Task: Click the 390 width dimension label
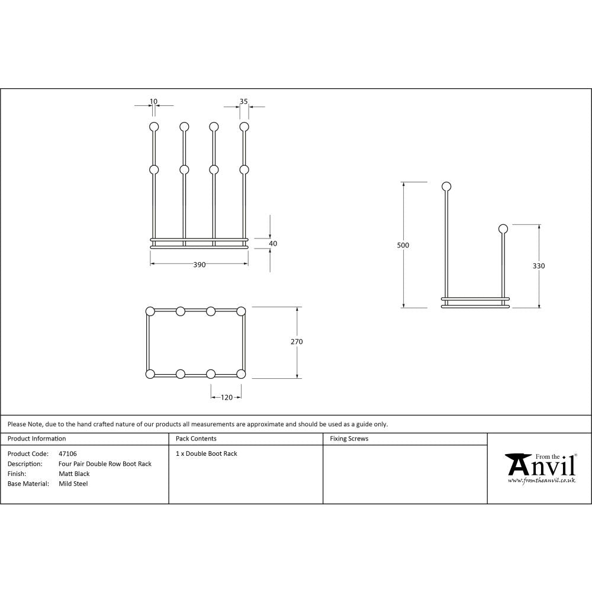coord(200,265)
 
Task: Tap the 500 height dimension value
coord(404,245)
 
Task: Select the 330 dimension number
coord(538,266)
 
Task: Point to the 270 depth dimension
coord(297,342)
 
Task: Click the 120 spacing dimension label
coord(226,398)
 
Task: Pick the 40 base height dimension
coord(273,243)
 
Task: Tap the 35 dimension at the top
coord(243,101)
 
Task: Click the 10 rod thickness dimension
coord(154,101)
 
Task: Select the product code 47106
coord(68,454)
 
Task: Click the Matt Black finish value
coord(74,474)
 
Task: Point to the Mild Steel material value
coord(73,484)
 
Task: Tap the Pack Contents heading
coord(196,439)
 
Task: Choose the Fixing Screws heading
coord(349,439)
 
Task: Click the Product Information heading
coord(37,439)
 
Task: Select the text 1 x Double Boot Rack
coord(207,454)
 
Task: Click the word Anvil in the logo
coord(541,466)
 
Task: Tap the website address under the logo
coord(541,481)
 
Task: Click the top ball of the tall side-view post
coord(447,187)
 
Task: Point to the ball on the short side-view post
coord(503,229)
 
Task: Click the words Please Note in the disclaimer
coord(25,424)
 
